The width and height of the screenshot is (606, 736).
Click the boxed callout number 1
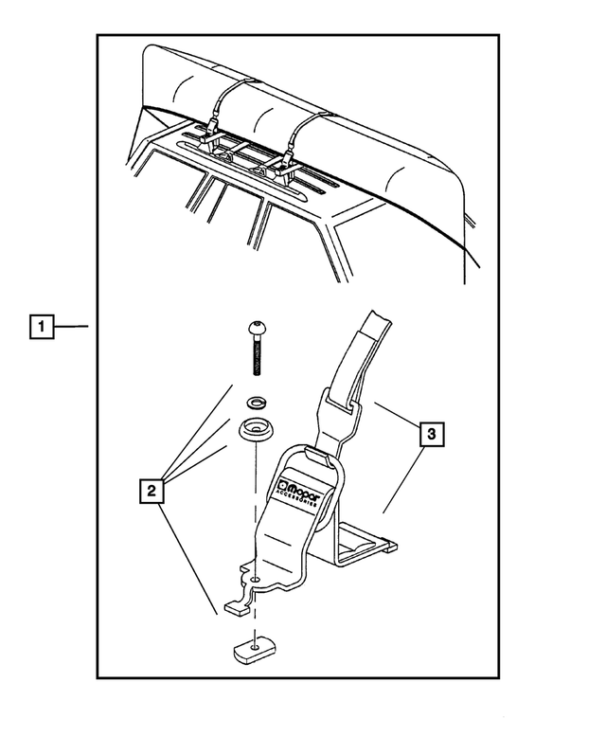pos(41,327)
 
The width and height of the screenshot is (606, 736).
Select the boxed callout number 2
pos(150,491)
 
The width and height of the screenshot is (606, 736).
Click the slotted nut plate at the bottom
pos(253,651)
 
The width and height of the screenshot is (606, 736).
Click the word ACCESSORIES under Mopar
pos(301,505)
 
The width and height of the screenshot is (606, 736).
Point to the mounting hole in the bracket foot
pos(255,578)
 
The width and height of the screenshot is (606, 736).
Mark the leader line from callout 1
pos(71,327)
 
